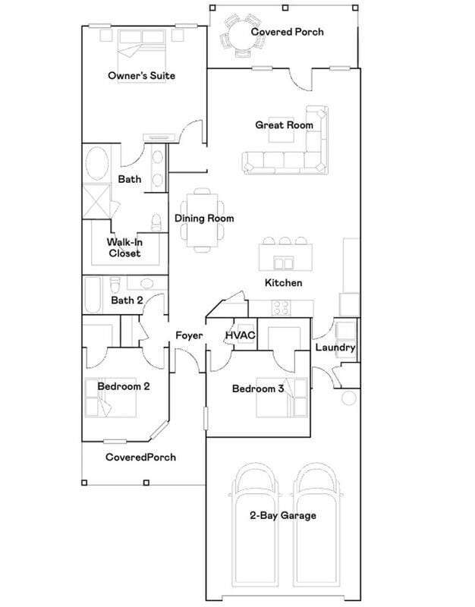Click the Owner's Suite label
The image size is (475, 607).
click(142, 75)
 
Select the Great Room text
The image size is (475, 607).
click(284, 125)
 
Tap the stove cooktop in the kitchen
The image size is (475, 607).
click(281, 308)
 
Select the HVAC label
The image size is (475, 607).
click(240, 335)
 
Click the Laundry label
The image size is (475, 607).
click(335, 348)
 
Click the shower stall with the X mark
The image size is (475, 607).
click(97, 200)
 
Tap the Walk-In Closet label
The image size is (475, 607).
click(124, 247)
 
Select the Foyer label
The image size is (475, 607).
click(188, 335)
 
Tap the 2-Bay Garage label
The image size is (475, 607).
click(283, 516)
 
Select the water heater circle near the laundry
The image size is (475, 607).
click(349, 398)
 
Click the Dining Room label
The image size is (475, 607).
click(204, 219)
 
